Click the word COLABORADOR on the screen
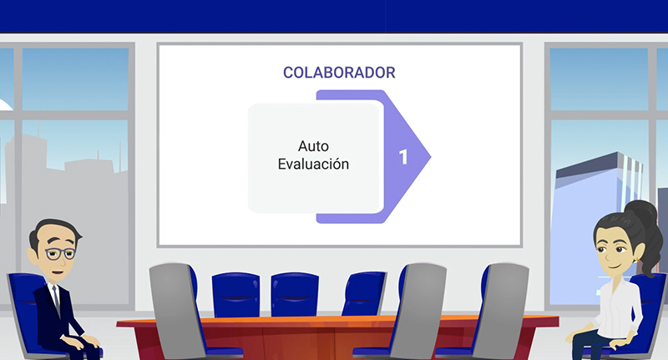coord(339,73)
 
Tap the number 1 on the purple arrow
coord(403,157)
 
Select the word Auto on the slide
coord(313,146)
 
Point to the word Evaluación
coord(313,164)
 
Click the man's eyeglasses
coord(60,253)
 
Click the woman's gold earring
coord(636,260)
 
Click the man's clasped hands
coord(85,340)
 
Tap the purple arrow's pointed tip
coord(431,156)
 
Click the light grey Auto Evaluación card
coord(314,158)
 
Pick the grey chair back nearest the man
coord(175,310)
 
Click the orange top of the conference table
coord(337,321)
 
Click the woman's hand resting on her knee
coord(622,343)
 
